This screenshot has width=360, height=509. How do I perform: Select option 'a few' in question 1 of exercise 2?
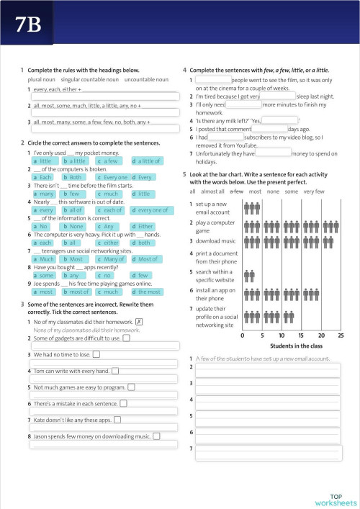tap(109, 161)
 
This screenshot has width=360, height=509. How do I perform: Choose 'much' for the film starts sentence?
tap(109, 194)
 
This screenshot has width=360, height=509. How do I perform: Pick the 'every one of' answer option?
tap(150, 210)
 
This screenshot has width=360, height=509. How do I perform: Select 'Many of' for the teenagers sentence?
tap(112, 259)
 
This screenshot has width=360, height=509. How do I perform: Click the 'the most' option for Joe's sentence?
tap(147, 292)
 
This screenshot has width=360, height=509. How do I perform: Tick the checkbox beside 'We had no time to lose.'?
tap(96, 354)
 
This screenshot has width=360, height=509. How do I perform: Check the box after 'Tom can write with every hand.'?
tap(115, 371)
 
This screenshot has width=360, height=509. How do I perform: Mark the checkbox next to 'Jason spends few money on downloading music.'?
tap(156, 436)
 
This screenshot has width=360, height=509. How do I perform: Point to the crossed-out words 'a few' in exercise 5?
tap(236, 192)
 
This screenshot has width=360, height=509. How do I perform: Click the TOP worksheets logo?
tap(335, 500)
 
